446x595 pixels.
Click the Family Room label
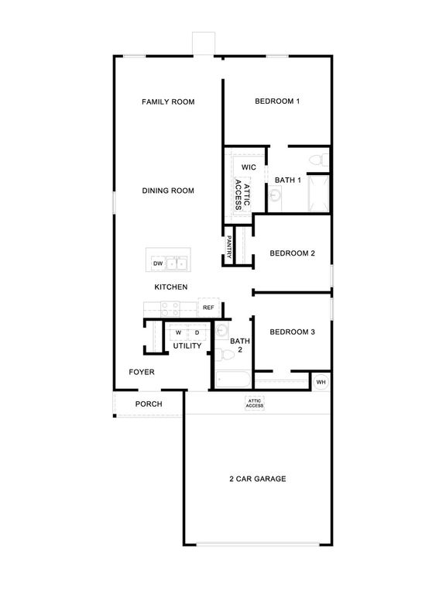pyautogui.click(x=167, y=101)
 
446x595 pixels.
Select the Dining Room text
pyautogui.click(x=167, y=191)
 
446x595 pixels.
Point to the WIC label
pyautogui.click(x=249, y=167)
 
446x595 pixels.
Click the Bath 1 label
pyautogui.click(x=287, y=181)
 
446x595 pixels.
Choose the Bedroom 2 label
pyautogui.click(x=292, y=253)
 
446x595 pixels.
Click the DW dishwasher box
pyautogui.click(x=158, y=264)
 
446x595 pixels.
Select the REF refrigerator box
pyautogui.click(x=208, y=308)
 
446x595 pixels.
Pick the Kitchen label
pyautogui.click(x=170, y=287)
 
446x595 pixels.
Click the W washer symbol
pyautogui.click(x=178, y=333)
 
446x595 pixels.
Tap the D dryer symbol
pyautogui.click(x=197, y=333)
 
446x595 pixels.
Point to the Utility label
pyautogui.click(x=187, y=346)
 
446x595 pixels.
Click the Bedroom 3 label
pyautogui.click(x=292, y=332)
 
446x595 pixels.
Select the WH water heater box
pyautogui.click(x=321, y=382)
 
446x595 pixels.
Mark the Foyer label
pyautogui.click(x=142, y=372)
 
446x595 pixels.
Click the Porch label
pyautogui.click(x=148, y=404)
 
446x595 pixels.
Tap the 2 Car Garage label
pyautogui.click(x=257, y=479)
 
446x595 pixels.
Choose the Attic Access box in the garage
pyautogui.click(x=255, y=404)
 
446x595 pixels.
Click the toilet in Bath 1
pyautogui.click(x=316, y=161)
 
